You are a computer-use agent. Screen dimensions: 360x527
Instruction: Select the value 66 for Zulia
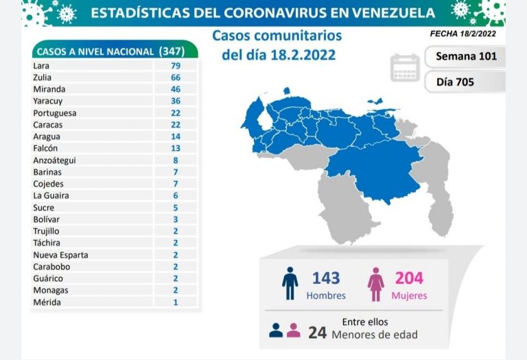coord(176,77)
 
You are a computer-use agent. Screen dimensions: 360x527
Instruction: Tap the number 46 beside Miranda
coord(176,89)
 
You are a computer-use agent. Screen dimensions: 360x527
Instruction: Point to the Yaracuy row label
coord(48,101)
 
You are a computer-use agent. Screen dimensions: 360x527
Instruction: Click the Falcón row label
coord(45,148)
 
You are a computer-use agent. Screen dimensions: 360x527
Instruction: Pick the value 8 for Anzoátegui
coord(176,160)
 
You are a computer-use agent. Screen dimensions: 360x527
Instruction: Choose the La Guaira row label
coord(50,195)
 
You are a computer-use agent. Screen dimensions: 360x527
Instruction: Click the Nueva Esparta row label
coord(60,254)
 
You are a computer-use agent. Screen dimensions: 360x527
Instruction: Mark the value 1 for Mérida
coord(176,302)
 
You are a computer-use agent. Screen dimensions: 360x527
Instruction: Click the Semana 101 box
coord(466,56)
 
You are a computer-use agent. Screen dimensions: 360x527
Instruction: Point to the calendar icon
coord(405,68)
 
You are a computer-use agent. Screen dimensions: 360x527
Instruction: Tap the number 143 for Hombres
coord(326,278)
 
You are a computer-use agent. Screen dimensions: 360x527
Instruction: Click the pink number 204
coord(409,278)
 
